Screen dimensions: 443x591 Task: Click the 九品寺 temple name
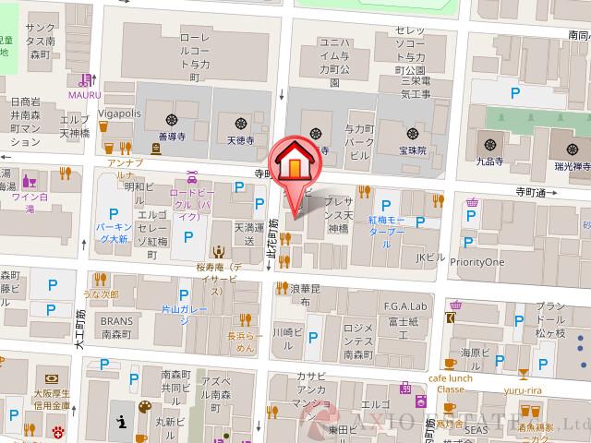(x=489, y=159)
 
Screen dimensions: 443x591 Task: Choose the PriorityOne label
(x=476, y=261)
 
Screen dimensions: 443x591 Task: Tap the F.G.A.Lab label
(x=403, y=306)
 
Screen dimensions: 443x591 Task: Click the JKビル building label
(x=431, y=257)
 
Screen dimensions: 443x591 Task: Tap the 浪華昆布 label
(x=304, y=295)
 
